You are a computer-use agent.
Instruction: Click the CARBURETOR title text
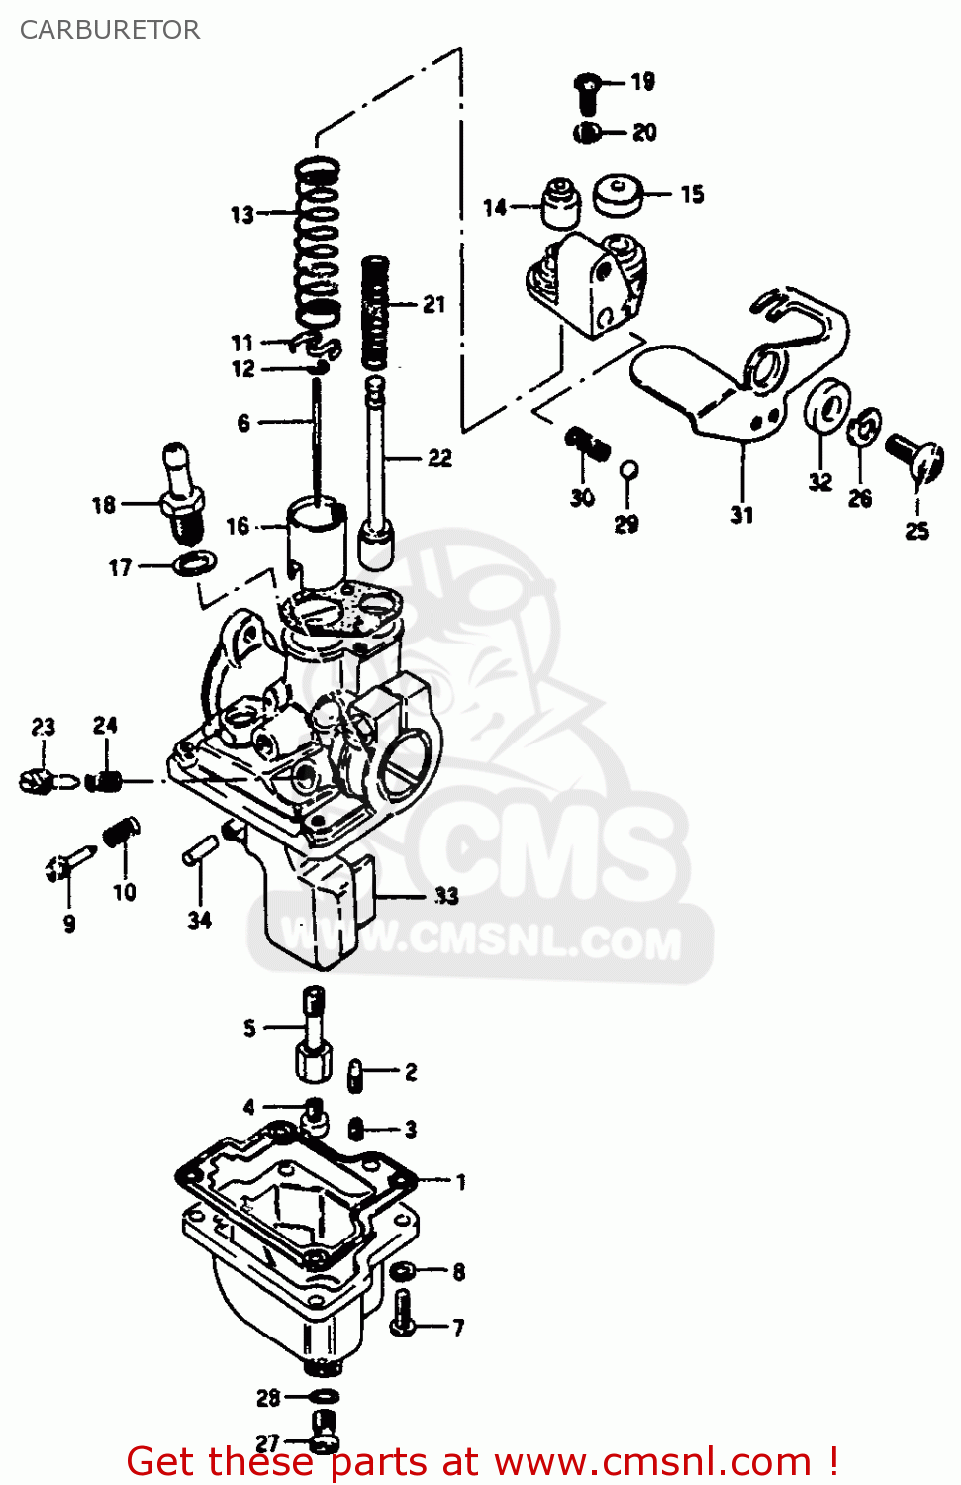tap(110, 30)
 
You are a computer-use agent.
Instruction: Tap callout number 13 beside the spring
tap(242, 214)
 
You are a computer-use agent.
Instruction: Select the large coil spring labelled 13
tap(318, 243)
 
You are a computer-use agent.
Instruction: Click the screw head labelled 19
tap(587, 91)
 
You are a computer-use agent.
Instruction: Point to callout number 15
tap(692, 194)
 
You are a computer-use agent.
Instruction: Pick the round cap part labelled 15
tap(618, 194)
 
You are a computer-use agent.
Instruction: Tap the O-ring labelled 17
tap(194, 563)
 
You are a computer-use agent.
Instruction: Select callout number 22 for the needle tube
tap(439, 458)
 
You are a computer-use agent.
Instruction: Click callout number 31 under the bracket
tap(742, 515)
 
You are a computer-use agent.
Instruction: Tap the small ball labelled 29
tap(628, 469)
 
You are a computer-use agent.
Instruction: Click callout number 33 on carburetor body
tap(446, 896)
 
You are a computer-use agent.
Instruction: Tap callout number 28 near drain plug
tap(268, 1398)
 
